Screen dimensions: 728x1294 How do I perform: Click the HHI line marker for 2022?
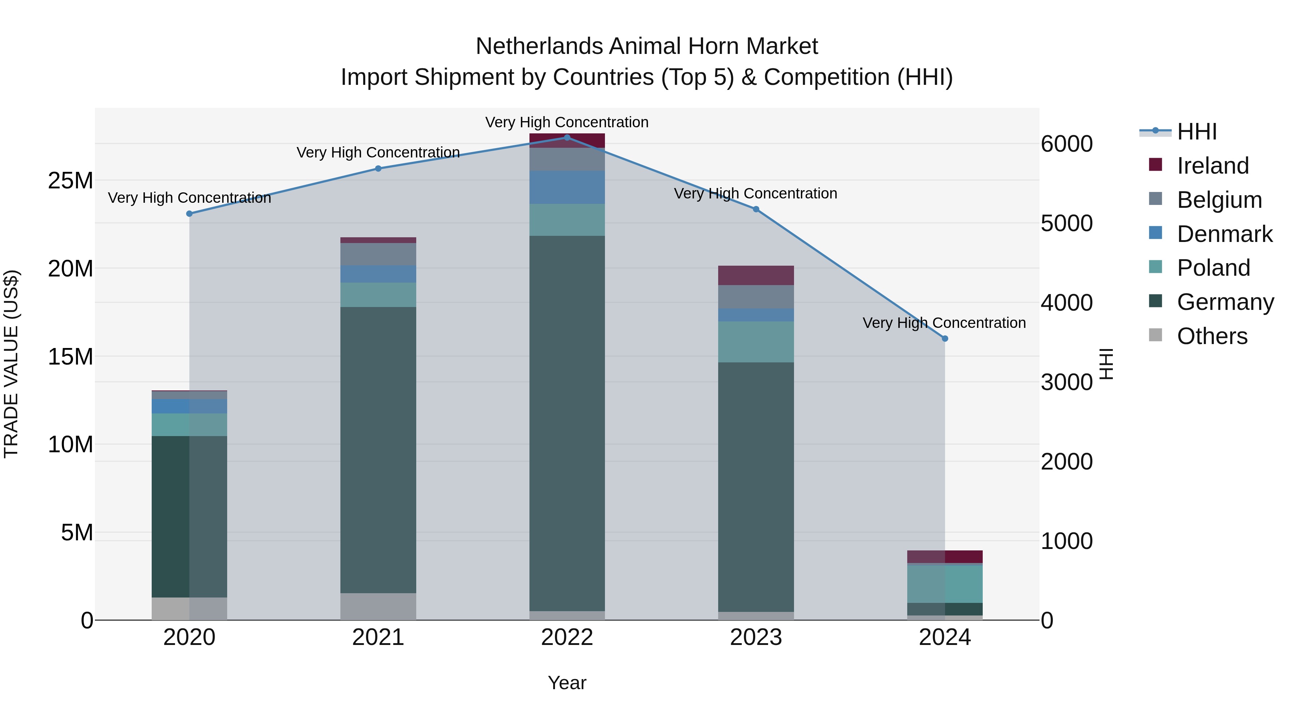(x=567, y=137)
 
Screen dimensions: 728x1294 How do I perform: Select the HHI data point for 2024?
(x=945, y=339)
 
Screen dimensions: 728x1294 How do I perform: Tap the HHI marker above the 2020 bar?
(x=189, y=214)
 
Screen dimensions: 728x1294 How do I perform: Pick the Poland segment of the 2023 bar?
(x=756, y=342)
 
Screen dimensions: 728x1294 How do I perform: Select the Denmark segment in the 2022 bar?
(x=567, y=187)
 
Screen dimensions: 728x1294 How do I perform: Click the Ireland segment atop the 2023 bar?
(x=756, y=275)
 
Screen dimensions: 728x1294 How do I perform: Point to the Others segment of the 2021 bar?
(x=378, y=606)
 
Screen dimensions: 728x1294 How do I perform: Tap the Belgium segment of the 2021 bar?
(x=378, y=254)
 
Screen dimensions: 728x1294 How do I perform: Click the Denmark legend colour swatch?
(x=1155, y=233)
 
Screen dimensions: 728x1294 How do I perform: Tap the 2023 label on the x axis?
(x=756, y=637)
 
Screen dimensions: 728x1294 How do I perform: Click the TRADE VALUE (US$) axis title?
(x=11, y=364)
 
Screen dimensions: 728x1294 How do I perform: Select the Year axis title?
(x=567, y=683)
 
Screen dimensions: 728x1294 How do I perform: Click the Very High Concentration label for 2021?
(x=378, y=152)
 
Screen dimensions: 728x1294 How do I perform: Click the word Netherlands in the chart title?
(x=539, y=46)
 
